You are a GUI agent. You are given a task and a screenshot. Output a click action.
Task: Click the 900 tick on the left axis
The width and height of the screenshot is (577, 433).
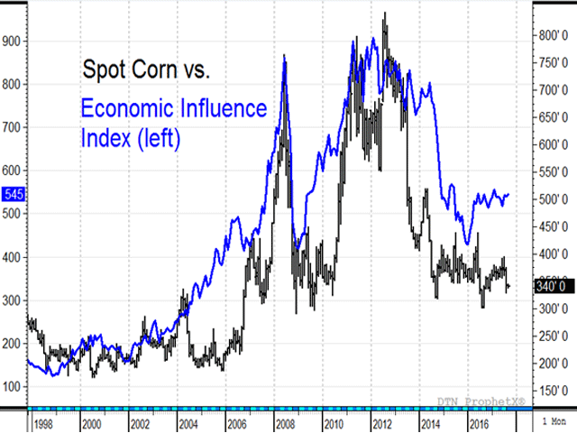(13, 41)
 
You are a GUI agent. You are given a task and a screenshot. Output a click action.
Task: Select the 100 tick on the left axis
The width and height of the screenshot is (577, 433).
(13, 387)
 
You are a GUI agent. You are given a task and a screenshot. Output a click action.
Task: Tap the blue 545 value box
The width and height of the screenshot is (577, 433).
(13, 194)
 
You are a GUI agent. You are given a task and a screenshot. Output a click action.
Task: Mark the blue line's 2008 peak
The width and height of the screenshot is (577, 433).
(285, 56)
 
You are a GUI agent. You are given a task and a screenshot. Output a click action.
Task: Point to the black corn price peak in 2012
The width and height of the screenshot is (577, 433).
(386, 13)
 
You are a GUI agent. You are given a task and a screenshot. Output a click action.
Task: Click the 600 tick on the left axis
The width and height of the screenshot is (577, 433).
(13, 170)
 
